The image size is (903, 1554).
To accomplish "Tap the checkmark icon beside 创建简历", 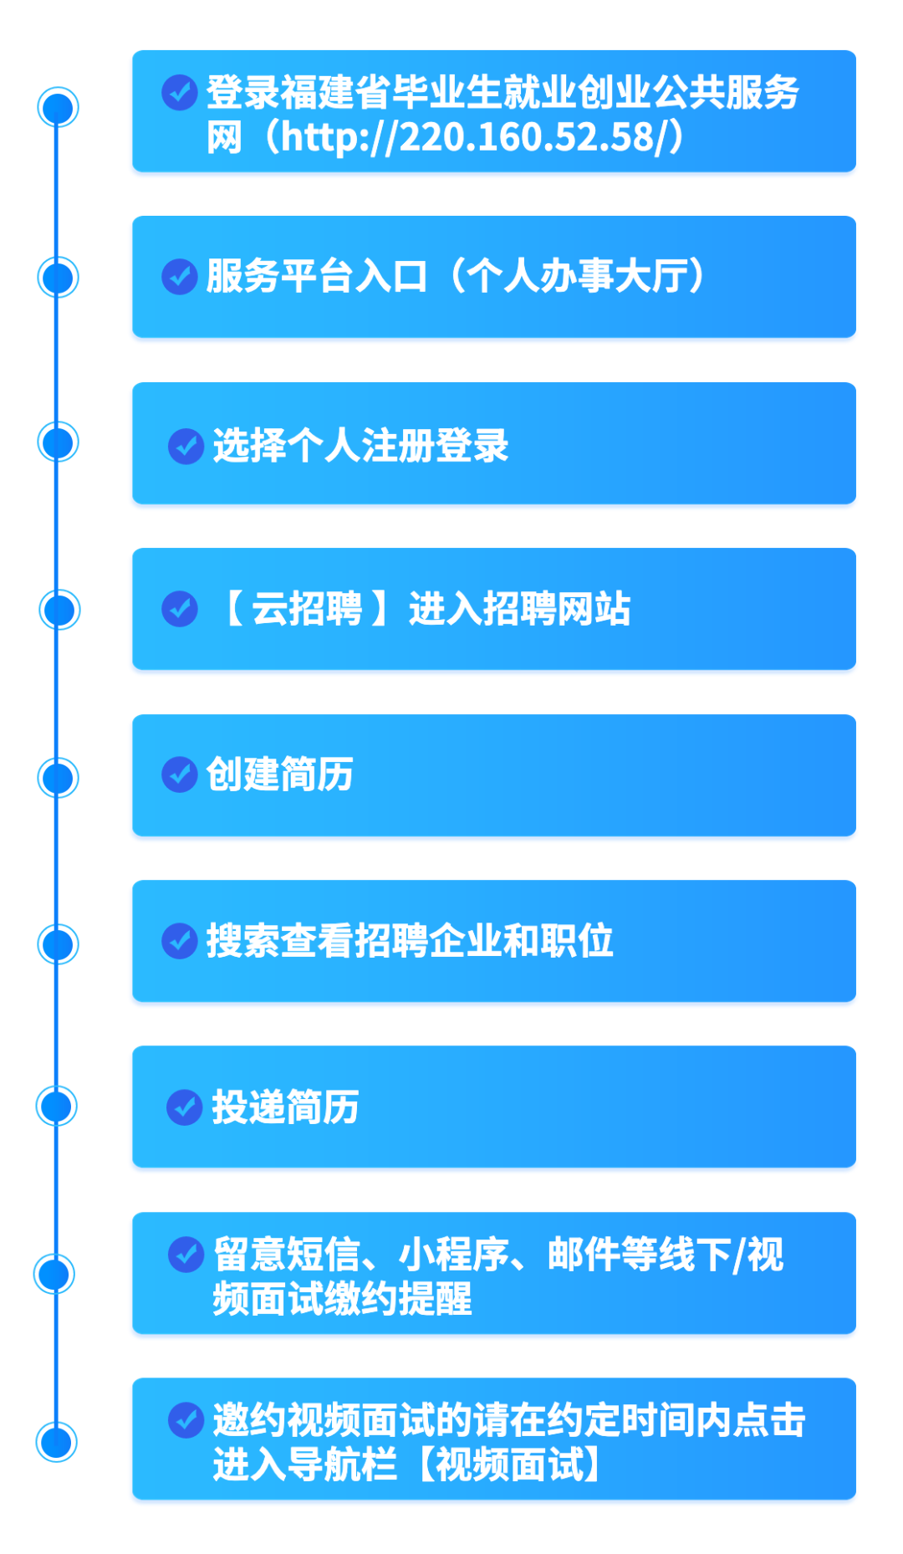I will [180, 774].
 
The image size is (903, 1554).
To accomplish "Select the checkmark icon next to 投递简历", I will [185, 1107].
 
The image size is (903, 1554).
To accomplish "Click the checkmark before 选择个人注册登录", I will [186, 446].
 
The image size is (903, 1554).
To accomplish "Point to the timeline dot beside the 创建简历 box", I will [58, 777].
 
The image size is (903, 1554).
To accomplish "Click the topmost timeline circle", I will [58, 108].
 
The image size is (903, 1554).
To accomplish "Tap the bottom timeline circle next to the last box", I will [57, 1442].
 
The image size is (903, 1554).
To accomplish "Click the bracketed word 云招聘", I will [306, 609].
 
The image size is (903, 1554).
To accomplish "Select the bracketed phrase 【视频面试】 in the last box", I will [509, 1465].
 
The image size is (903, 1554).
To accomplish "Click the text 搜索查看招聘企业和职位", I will [410, 941].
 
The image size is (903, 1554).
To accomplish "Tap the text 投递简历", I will [285, 1107].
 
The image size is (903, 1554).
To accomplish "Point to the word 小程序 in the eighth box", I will [453, 1255].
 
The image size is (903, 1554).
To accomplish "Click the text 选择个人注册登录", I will [360, 446].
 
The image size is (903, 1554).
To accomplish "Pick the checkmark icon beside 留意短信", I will [186, 1255].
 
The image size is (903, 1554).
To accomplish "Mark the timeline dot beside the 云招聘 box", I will [59, 609].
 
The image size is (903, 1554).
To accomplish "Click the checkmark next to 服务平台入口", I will [180, 276].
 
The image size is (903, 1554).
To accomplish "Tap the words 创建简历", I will [279, 774].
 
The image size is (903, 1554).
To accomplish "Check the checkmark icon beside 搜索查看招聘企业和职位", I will [180, 941].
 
